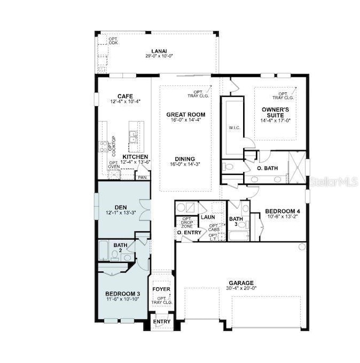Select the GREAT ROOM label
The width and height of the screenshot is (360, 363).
(x=182, y=115)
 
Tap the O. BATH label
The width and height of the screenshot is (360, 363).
(x=267, y=168)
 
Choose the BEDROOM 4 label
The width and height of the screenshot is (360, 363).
(x=282, y=211)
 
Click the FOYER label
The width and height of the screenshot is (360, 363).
(x=162, y=289)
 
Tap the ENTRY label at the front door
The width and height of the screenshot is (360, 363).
(x=162, y=321)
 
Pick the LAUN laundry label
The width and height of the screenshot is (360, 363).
(x=208, y=217)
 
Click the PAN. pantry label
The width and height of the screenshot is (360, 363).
(x=142, y=178)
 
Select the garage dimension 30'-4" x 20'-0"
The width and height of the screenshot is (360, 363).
(x=241, y=288)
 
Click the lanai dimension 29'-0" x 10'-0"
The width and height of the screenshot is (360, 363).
(x=156, y=56)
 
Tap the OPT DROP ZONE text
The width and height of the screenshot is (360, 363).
(x=187, y=222)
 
